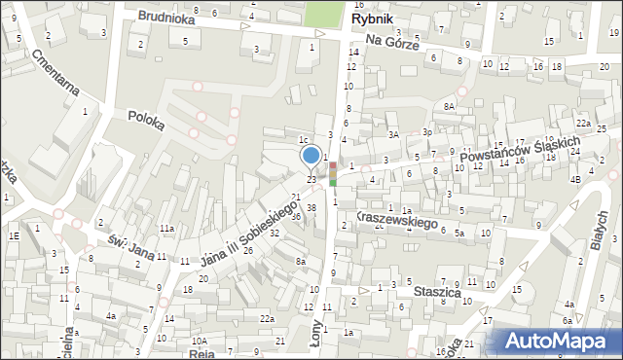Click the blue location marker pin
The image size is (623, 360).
click(x=311, y=156)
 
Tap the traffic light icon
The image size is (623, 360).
click(x=333, y=173)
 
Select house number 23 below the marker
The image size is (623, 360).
click(x=311, y=179)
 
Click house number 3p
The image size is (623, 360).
click(x=426, y=132)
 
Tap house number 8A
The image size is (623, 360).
click(x=449, y=106)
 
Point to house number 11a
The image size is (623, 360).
click(x=167, y=229)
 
